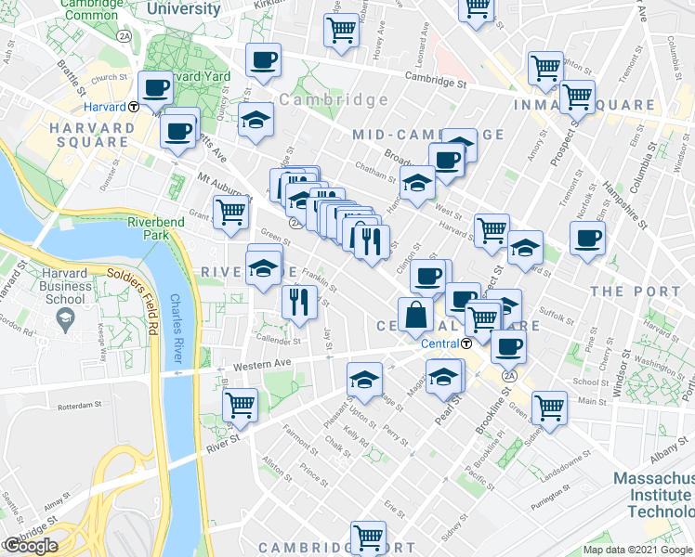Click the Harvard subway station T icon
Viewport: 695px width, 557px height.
coord(135,106)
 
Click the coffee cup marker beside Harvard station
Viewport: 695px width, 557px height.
coord(156,87)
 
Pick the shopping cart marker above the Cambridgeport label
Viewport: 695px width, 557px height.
coord(369,536)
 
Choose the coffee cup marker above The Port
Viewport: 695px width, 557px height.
coord(587,237)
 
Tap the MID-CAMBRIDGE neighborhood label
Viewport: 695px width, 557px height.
coord(427,135)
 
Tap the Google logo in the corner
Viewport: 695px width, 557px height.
coord(31,546)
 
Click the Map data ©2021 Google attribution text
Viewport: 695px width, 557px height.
coord(637,550)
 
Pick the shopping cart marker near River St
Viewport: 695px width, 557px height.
coord(240,404)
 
